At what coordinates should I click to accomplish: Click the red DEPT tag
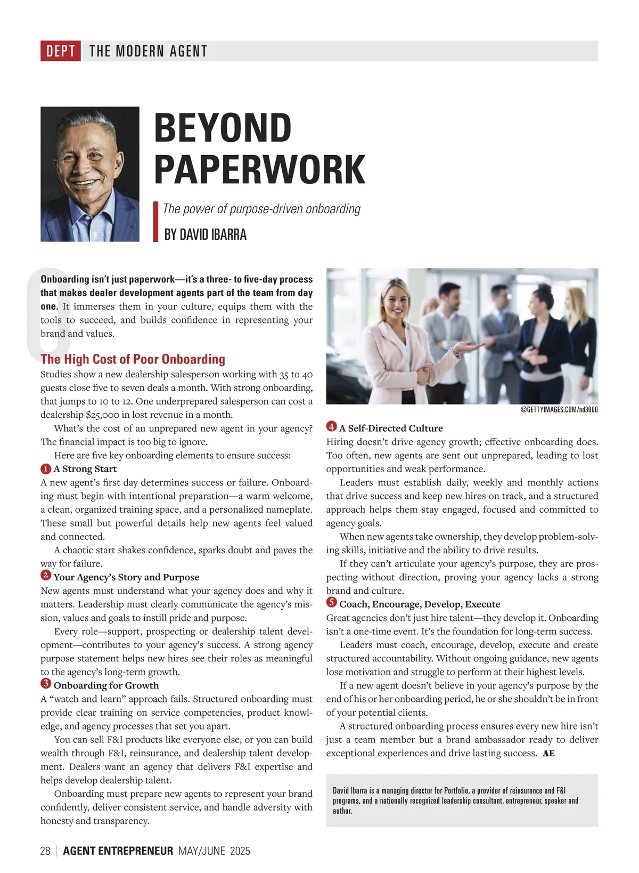tap(60, 51)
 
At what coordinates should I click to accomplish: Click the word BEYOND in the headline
tap(223, 128)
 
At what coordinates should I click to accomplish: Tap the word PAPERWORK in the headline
tap(259, 169)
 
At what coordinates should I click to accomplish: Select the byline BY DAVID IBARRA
tap(205, 235)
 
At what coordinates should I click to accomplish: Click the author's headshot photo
tap(90, 174)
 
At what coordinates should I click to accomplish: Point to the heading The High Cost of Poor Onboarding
tap(133, 359)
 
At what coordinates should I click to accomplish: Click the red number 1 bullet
tap(46, 469)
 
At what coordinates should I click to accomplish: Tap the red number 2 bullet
tap(46, 576)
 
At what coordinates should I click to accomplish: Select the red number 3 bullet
tap(46, 684)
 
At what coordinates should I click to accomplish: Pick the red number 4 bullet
tap(332, 427)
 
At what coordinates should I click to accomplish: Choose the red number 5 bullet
tap(332, 603)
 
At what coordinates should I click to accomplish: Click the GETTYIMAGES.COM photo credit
tap(559, 409)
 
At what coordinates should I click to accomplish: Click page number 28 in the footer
tap(45, 851)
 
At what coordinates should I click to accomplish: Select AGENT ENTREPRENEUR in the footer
tap(118, 851)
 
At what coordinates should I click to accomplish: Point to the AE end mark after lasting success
tap(548, 754)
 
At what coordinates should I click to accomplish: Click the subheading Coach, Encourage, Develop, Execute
tap(420, 604)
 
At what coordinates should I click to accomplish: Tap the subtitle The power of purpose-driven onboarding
tap(261, 209)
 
